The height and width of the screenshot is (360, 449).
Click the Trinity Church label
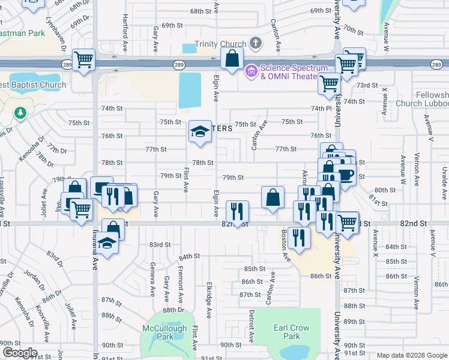(x=220, y=44)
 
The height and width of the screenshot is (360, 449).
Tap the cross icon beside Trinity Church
(x=256, y=43)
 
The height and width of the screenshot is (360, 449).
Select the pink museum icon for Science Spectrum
(x=251, y=71)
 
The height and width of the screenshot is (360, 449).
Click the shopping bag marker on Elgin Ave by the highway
(x=232, y=59)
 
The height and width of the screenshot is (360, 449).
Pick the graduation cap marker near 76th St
(x=200, y=133)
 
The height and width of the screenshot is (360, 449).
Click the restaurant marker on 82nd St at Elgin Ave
(x=237, y=211)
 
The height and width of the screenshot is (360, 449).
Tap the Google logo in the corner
(x=19, y=353)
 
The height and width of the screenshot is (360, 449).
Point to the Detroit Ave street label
(x=252, y=324)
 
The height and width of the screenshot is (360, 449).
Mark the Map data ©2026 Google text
(x=411, y=355)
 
